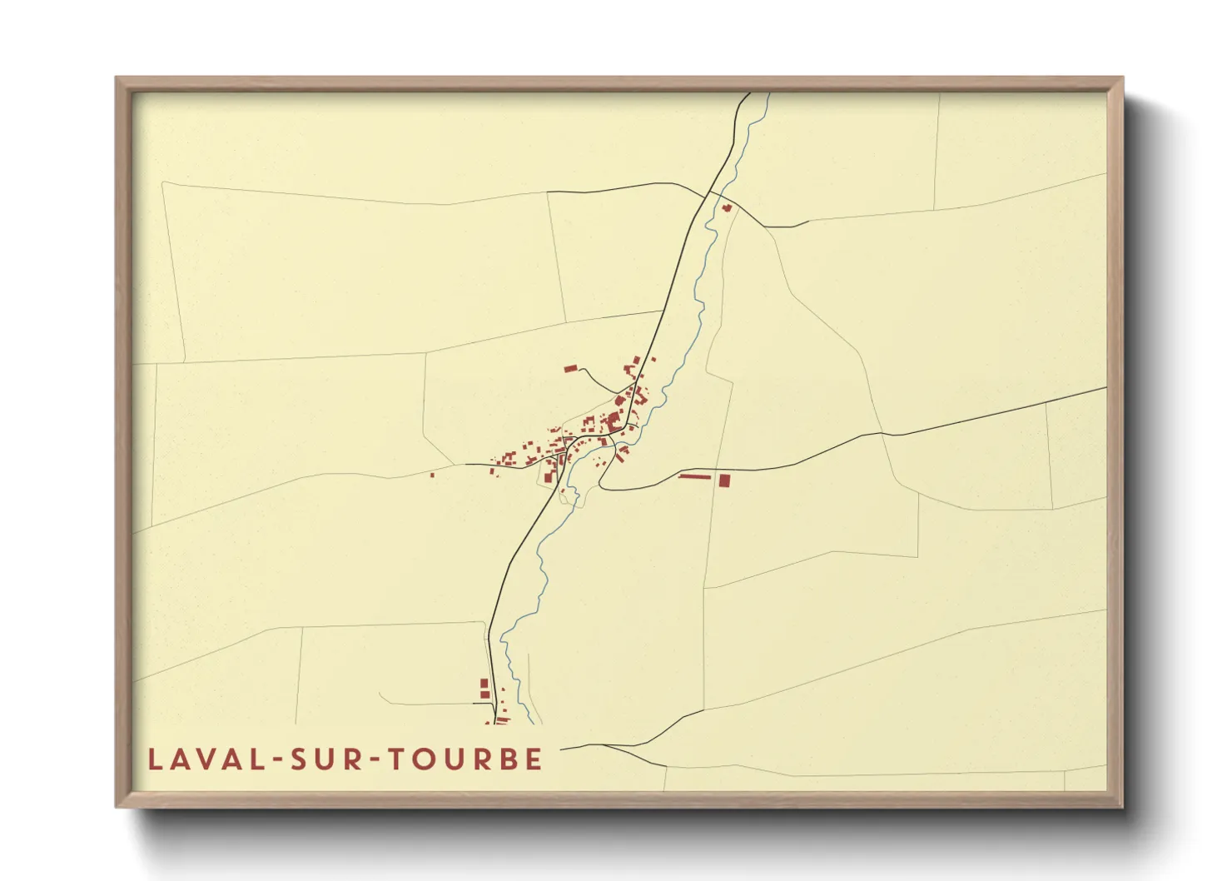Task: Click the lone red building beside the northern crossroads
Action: pos(726,207)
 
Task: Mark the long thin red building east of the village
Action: pos(695,476)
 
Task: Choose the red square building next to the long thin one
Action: pos(724,480)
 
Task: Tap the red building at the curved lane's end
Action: pos(570,368)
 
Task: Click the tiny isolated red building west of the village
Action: pos(432,475)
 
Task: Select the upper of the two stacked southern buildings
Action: pos(484,683)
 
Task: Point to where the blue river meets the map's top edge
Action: pos(769,93)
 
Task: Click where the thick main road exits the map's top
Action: pos(750,93)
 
